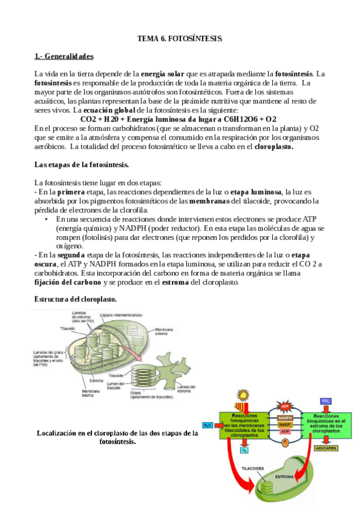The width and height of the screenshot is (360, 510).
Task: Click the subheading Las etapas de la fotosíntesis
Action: point(81,164)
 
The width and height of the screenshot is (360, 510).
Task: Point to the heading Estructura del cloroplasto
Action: point(75,299)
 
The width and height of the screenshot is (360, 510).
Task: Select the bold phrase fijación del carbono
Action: point(67,283)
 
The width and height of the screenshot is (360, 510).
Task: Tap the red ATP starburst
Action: point(285,407)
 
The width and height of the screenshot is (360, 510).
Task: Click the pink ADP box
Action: point(285,431)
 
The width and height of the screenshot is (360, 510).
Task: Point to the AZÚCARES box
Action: point(326,448)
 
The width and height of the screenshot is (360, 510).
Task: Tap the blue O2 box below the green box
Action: point(244,449)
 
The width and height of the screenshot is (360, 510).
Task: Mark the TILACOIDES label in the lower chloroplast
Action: point(253,467)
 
